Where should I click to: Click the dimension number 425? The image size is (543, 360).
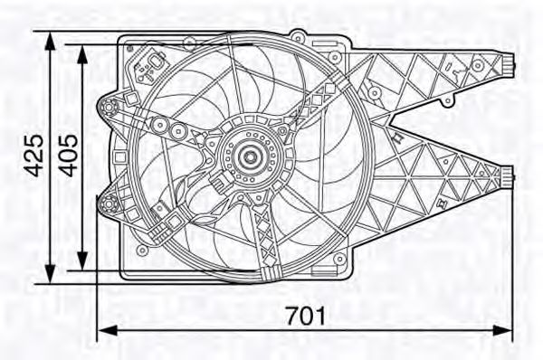[x=33, y=156]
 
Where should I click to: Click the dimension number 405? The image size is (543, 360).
[x=68, y=156]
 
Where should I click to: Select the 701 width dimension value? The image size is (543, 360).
[x=306, y=316]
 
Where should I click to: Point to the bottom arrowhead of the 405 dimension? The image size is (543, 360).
[x=82, y=261]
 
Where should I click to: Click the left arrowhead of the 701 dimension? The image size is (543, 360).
[x=108, y=330]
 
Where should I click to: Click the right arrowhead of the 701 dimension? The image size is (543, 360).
[x=502, y=330]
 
